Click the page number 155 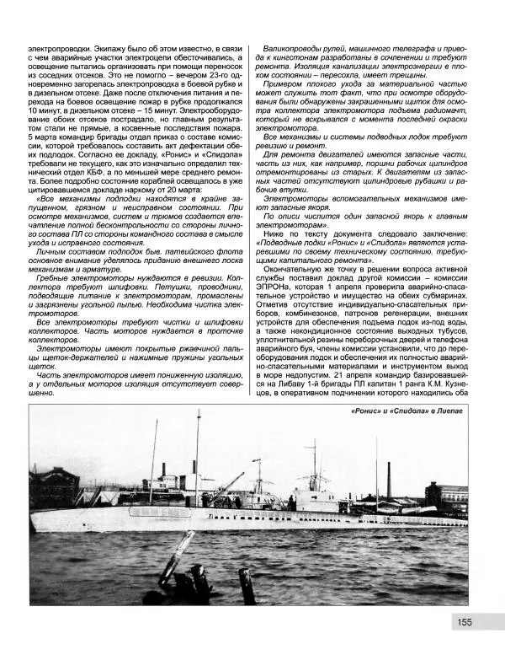(465, 622)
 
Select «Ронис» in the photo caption (364, 411)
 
